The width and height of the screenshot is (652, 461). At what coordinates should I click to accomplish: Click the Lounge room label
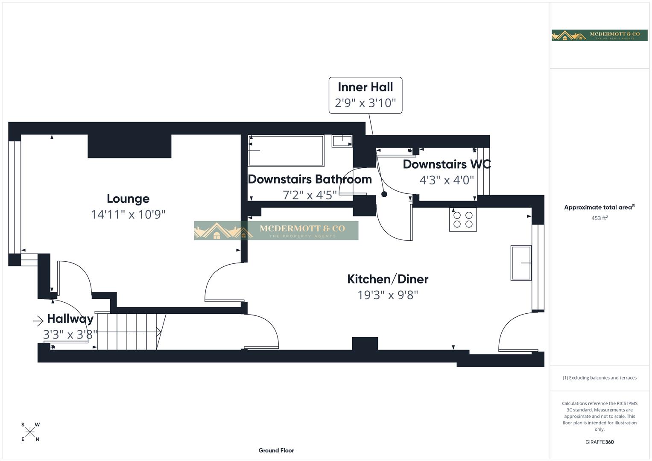coord(128,198)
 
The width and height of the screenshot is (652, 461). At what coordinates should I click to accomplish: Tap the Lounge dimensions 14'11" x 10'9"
coord(128,214)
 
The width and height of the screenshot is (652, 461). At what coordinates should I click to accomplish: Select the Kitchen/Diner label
coord(388,279)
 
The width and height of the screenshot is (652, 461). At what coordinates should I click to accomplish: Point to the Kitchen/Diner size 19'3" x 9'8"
coord(388,295)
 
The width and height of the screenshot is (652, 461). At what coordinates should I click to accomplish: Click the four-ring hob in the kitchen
coord(463,219)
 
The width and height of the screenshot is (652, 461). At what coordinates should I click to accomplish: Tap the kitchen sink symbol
coord(521,263)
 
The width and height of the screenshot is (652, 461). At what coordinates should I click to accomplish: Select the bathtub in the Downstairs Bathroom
coord(286,151)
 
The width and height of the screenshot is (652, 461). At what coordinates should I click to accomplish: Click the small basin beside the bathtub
coord(342,141)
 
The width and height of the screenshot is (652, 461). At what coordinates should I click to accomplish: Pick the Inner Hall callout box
coord(365,95)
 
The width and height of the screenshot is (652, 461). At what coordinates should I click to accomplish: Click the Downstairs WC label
coord(447,164)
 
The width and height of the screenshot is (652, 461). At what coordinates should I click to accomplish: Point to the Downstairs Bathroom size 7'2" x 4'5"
coord(310,195)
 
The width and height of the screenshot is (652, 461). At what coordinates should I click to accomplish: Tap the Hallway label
coord(70,319)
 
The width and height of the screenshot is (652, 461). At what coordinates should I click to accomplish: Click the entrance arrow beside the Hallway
coord(38,321)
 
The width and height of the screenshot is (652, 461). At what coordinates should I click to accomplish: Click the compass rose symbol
coord(30,432)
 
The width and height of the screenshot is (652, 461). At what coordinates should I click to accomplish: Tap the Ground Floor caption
coord(276,450)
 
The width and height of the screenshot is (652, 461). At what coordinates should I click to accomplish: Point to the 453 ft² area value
coord(599,218)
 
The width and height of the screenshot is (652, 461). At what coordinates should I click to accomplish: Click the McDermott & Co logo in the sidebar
coord(599,35)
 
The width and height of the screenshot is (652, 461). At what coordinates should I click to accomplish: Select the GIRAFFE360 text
coord(599,442)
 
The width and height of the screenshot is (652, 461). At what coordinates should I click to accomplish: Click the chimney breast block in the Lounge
coord(129,146)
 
